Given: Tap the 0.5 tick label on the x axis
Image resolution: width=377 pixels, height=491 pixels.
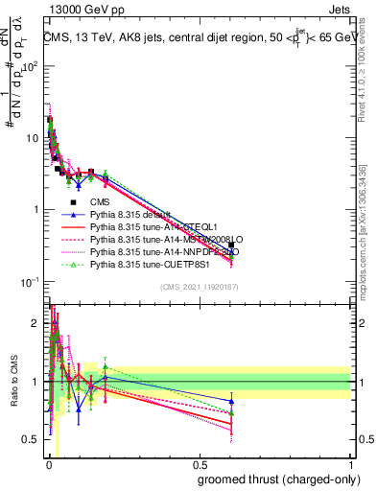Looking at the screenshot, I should point(198,465).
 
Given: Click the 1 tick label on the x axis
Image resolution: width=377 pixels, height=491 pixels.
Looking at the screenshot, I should point(350,465).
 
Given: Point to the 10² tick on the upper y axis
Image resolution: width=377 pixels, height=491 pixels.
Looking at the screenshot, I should point(32,65).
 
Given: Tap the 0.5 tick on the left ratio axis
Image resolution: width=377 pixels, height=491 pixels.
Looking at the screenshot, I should point(33,439).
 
